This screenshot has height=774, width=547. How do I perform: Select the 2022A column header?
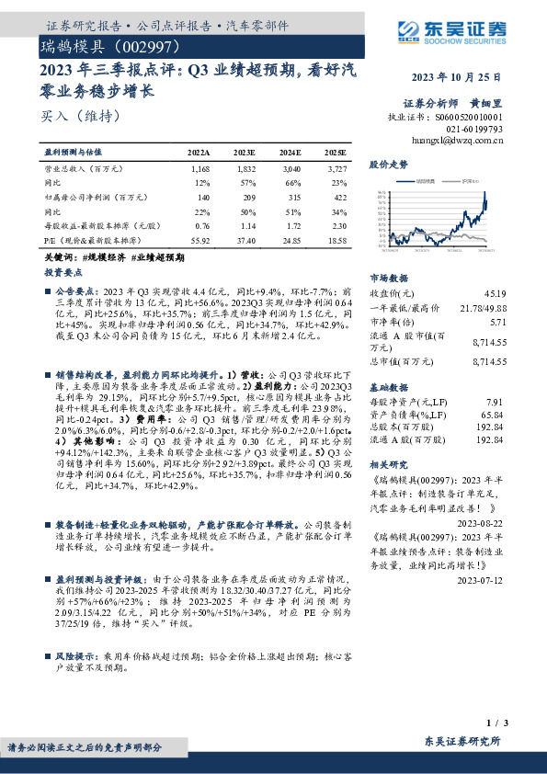pyautogui.click(x=199, y=151)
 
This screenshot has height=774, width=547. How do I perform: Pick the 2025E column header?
pyautogui.click(x=336, y=151)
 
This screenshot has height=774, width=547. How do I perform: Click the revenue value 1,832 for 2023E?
pyautogui.click(x=245, y=170)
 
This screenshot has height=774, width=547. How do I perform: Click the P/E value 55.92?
pyautogui.click(x=199, y=238)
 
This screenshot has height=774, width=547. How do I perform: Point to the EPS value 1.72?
pyautogui.click(x=291, y=224)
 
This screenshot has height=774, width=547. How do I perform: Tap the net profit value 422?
pyautogui.click(x=339, y=197)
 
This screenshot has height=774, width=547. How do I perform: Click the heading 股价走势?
pyautogui.click(x=387, y=165)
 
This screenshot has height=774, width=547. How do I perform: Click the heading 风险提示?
pyautogui.click(x=75, y=658)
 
